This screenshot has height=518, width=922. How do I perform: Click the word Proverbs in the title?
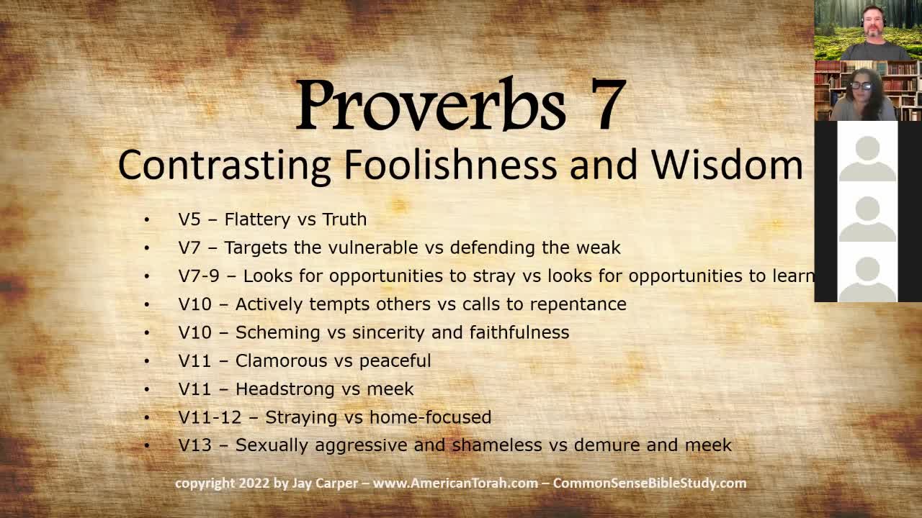click(430, 106)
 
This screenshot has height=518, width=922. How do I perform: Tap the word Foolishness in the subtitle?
click(450, 165)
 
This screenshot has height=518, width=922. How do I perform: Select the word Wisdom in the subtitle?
click(727, 165)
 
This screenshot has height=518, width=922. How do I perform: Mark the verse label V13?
click(195, 445)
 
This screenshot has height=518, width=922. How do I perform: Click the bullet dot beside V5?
click(147, 219)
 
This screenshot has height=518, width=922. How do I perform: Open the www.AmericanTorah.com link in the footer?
click(455, 483)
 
